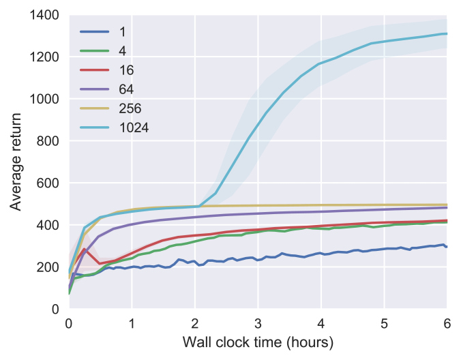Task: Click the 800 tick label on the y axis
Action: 48,141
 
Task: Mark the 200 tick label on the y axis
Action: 48,267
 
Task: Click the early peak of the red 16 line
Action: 84,249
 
